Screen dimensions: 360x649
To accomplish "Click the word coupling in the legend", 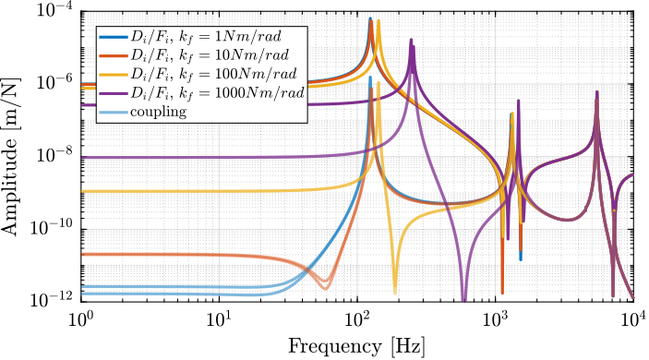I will [x=159, y=112].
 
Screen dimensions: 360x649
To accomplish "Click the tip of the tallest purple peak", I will [x=412, y=40].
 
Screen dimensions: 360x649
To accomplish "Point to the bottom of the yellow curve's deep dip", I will [x=394, y=292].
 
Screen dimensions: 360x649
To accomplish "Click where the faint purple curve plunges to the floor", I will [x=464, y=297].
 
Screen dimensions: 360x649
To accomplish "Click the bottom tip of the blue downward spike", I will [x=520, y=258].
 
